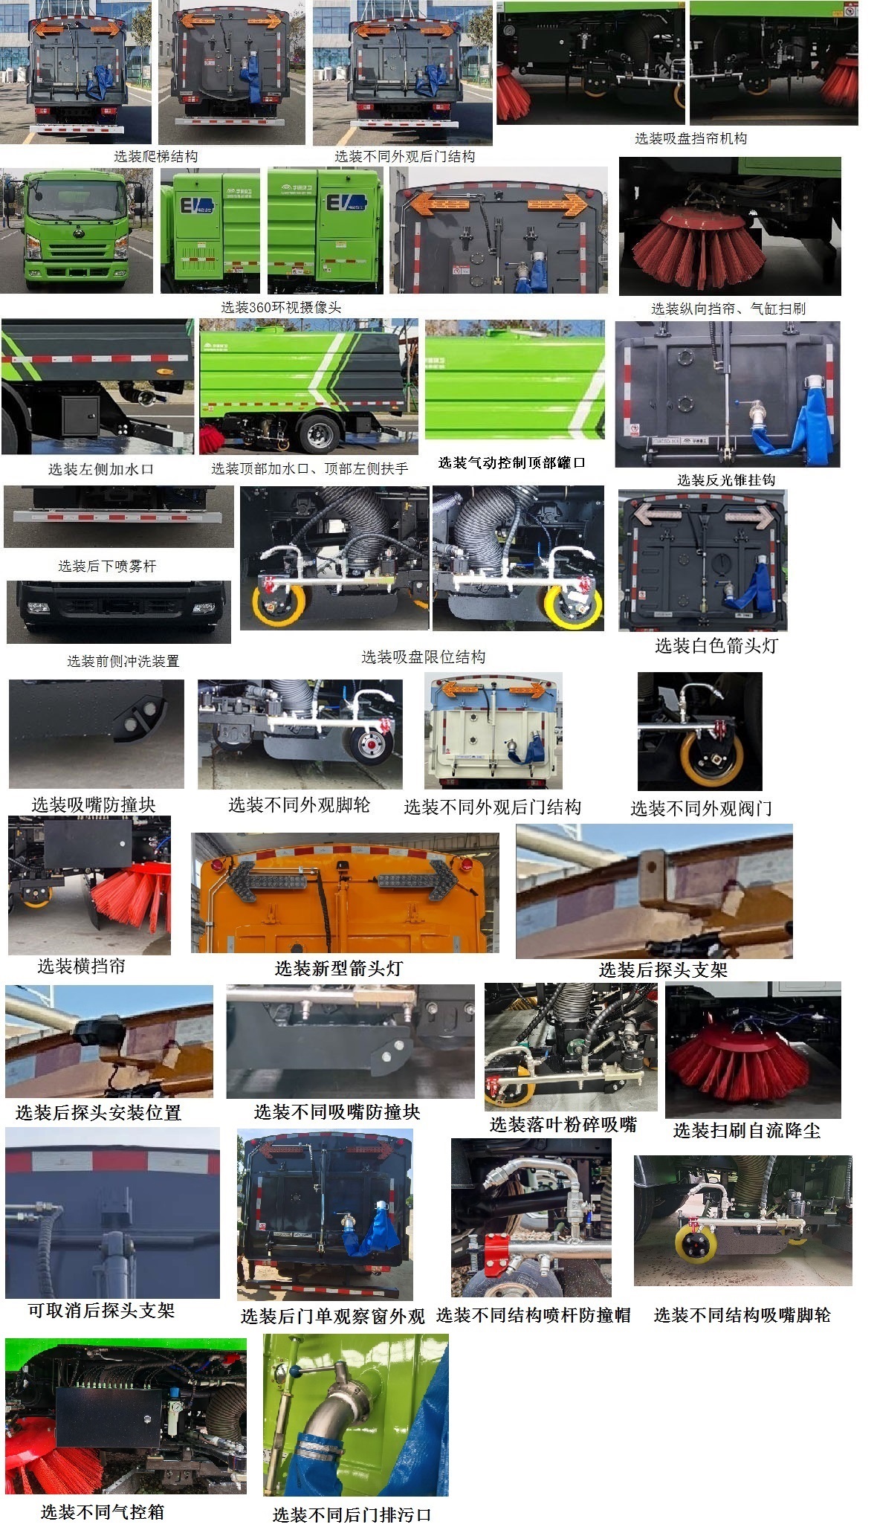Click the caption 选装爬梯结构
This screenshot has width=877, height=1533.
click(x=155, y=156)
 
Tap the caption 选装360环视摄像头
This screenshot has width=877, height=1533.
click(x=280, y=307)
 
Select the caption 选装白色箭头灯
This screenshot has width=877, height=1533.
click(x=716, y=645)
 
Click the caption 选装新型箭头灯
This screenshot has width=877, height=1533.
click(x=338, y=968)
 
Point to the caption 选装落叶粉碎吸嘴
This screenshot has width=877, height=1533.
click(x=563, y=1124)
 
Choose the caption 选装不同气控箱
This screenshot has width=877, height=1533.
click(x=103, y=1511)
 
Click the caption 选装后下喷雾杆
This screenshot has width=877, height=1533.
click(x=107, y=566)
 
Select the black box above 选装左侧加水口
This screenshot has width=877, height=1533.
click(x=80, y=414)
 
